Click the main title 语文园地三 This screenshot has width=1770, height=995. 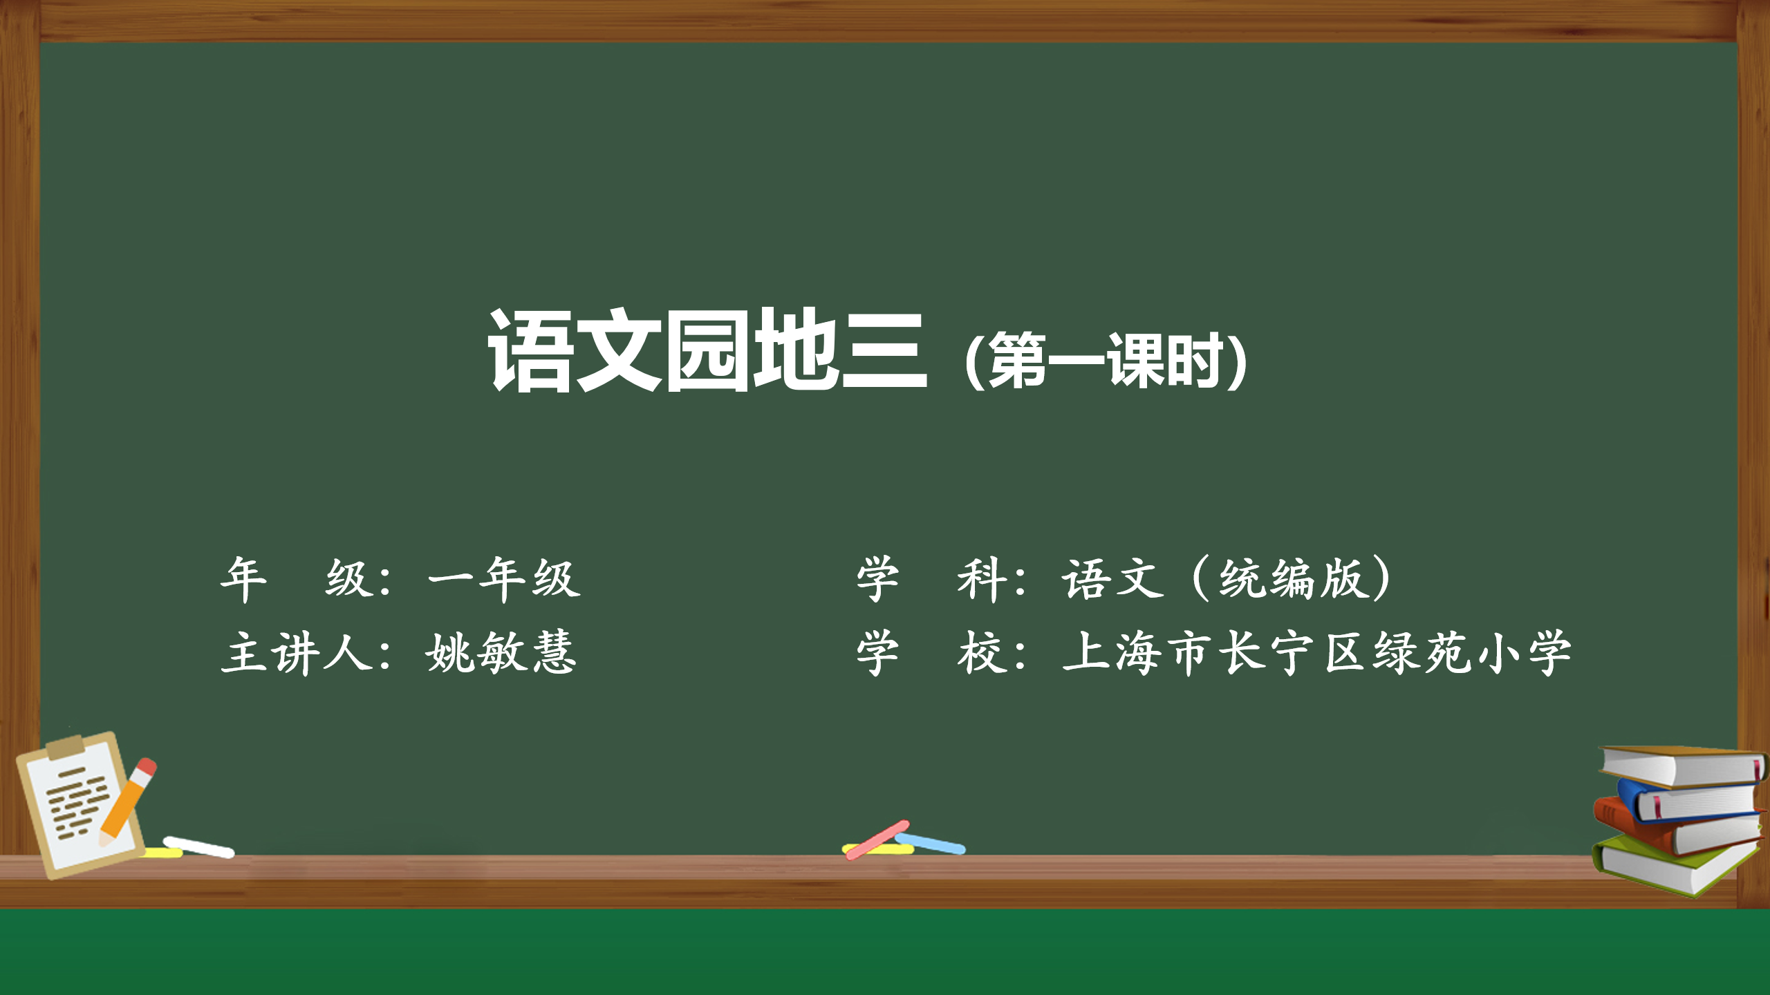tap(707, 350)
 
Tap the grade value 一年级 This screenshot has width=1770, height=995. tap(504, 578)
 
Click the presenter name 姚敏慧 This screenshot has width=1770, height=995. tap(501, 652)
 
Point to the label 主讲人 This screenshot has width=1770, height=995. tap(299, 652)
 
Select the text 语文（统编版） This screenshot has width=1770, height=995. tap(1227, 578)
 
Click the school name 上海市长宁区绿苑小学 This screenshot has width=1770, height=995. tap(1316, 652)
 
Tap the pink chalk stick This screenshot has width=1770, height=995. tap(877, 840)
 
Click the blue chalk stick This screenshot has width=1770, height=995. tap(930, 844)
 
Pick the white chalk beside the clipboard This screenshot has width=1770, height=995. tap(199, 847)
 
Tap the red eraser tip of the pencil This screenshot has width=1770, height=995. tap(147, 767)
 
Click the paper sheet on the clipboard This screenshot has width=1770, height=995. tap(77, 805)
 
